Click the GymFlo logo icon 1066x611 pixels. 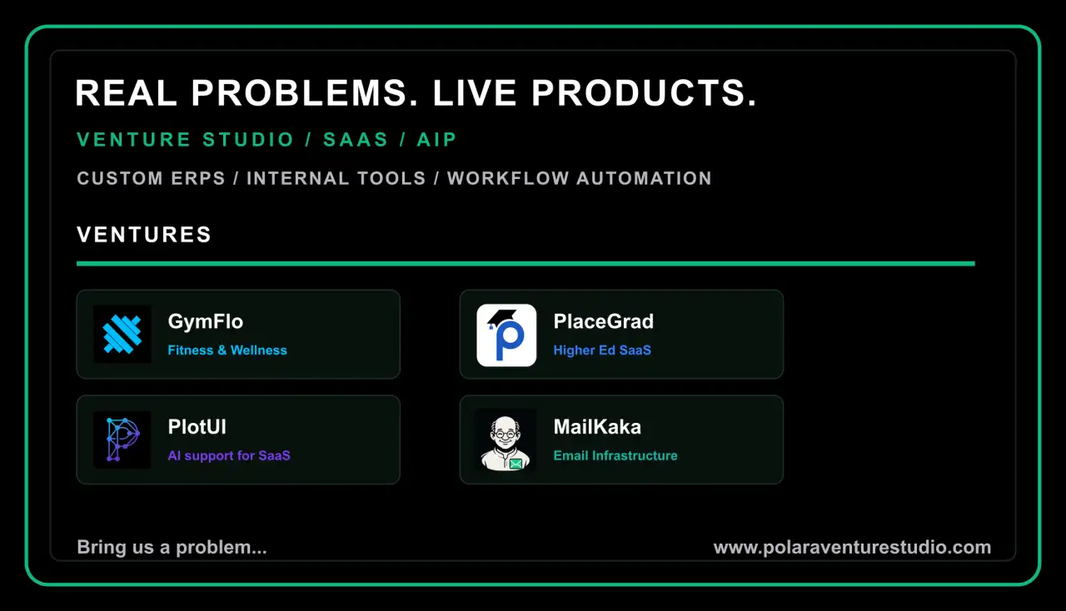122,334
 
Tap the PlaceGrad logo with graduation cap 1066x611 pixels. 506,335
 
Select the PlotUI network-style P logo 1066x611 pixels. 122,440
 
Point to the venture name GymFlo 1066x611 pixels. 206,321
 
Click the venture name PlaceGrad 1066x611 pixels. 604,321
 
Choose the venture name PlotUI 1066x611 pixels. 197,427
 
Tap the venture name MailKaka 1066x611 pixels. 597,427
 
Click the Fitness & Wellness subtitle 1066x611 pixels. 227,350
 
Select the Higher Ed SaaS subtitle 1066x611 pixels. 602,350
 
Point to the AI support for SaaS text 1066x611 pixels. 229,456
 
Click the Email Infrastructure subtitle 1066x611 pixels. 615,456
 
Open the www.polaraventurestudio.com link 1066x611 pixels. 852,547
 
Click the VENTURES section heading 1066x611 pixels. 144,235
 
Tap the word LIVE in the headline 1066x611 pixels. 475,92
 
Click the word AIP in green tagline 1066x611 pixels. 436,140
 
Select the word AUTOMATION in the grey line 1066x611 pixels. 644,178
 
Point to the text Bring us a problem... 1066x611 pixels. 172,548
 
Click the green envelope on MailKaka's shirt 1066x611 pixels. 516,464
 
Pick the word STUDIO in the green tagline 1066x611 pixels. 248,140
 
